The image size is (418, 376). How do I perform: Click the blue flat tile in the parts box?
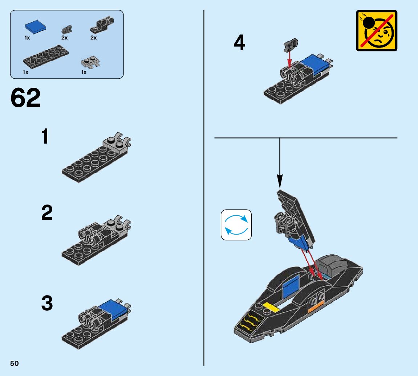pyautogui.click(x=35, y=27)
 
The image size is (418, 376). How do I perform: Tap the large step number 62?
pyautogui.click(x=25, y=98)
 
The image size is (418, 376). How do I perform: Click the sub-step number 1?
pyautogui.click(x=45, y=136)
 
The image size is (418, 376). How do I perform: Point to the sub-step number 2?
pyautogui.click(x=47, y=212)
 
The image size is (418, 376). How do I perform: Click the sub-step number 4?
pyautogui.click(x=239, y=42)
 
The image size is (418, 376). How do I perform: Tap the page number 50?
pyautogui.click(x=15, y=363)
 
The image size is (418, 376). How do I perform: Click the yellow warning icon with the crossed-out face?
pyautogui.click(x=376, y=30)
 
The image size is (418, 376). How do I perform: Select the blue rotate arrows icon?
pyautogui.click(x=236, y=225)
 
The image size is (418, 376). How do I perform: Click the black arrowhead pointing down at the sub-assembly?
pyautogui.click(x=280, y=182)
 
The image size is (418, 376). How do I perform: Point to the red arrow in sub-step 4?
pyautogui.click(x=289, y=59)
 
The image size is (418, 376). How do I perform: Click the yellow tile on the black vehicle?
pyautogui.click(x=271, y=307)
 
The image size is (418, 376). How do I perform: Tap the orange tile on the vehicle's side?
pyautogui.click(x=316, y=307)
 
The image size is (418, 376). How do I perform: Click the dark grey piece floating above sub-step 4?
pyautogui.click(x=291, y=45)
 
